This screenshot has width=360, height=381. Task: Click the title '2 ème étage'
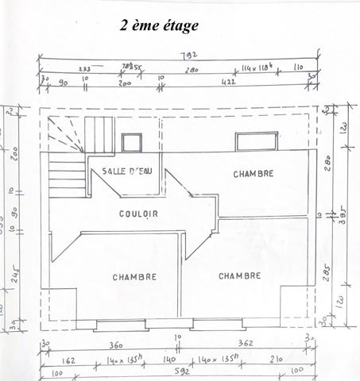(x=159, y=25)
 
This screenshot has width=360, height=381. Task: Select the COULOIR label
(x=138, y=214)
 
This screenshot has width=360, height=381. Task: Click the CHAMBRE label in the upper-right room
(x=254, y=174)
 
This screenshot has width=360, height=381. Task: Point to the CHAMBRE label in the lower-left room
(x=134, y=277)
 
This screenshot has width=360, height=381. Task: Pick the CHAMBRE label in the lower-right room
(x=240, y=276)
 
